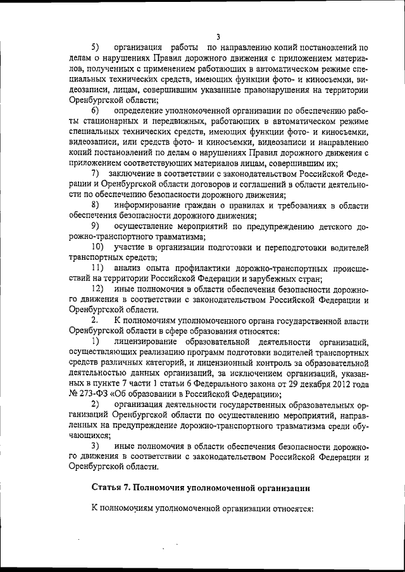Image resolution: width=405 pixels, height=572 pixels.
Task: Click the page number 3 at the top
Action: point(217,36)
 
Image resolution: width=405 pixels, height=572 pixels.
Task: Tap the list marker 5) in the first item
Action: point(96,47)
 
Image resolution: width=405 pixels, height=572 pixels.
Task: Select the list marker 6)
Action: point(96,111)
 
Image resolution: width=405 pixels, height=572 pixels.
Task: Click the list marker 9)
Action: point(96,226)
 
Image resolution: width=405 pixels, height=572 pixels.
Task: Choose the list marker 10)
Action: point(98,246)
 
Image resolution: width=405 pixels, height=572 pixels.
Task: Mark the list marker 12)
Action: point(98,288)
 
